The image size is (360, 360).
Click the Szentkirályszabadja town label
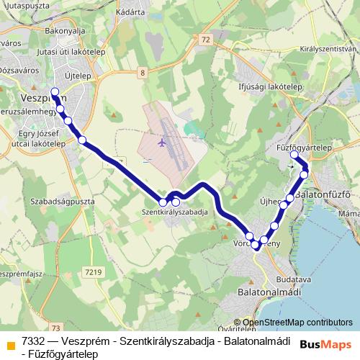point(175,213)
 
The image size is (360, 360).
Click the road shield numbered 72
point(207,39)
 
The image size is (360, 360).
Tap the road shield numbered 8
point(143,73)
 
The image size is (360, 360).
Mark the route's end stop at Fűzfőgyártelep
point(294,155)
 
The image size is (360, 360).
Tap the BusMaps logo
point(325,345)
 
